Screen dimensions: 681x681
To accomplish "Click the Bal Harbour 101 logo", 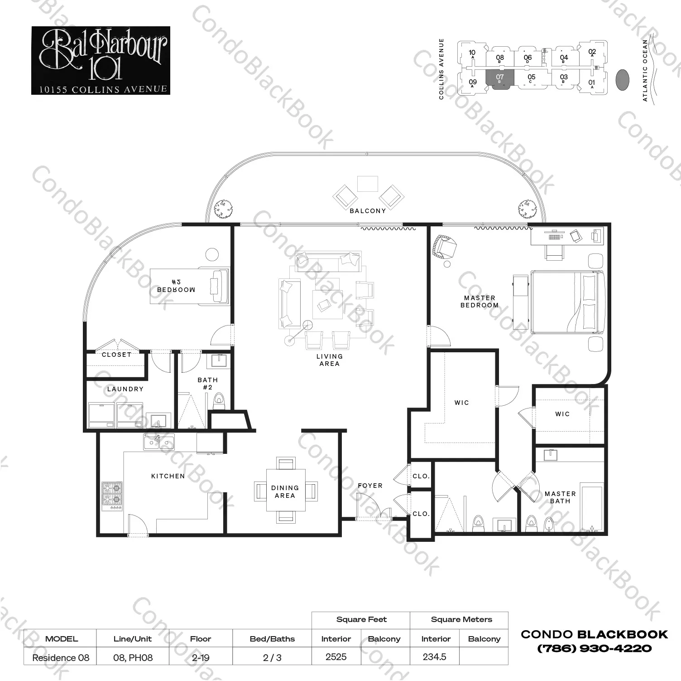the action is tap(101, 60).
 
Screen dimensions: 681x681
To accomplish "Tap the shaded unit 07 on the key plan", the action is tap(500, 80).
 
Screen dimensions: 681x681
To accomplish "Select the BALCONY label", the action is tap(368, 211).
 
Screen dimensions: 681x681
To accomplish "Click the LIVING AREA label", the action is tap(329, 360).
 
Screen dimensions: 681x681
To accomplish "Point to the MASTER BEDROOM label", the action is tap(480, 302).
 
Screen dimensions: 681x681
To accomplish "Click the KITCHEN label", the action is tap(168, 476).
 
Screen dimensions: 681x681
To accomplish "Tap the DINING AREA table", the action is tap(285, 491).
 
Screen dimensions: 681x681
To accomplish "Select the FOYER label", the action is tap(370, 486).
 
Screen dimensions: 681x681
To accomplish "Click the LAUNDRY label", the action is tap(125, 389).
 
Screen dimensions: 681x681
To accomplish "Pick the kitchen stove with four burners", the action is tap(111, 496).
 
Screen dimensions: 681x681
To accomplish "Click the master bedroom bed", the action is tap(568, 302).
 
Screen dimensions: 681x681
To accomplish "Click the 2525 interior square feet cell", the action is tap(336, 657).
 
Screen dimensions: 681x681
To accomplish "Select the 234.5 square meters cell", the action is tap(434, 657).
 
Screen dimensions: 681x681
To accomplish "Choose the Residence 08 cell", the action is tap(61, 657).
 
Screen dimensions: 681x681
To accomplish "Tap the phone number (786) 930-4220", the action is tap(594, 648).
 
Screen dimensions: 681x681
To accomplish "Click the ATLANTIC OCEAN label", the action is tap(645, 70).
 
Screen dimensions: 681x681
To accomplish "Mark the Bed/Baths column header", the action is tap(272, 639).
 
